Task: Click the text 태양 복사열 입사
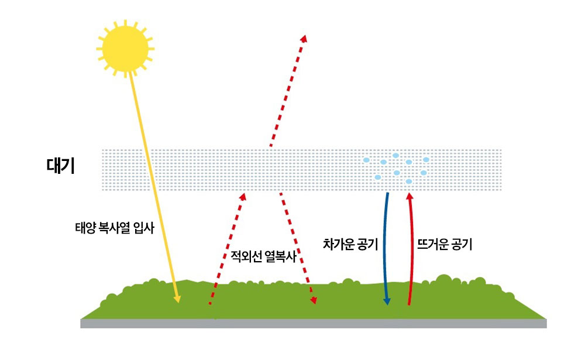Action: [114, 228]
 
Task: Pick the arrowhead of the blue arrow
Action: [386, 301]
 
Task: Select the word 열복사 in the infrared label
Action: [281, 256]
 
